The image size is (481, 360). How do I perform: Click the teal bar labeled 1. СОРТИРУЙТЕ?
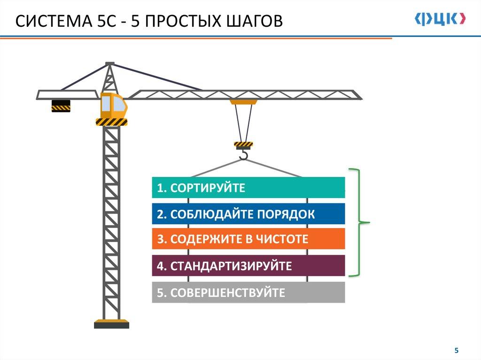248,188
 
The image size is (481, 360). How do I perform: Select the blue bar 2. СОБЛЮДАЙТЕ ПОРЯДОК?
248,214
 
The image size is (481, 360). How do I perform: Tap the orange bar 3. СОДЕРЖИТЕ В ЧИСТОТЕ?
248,239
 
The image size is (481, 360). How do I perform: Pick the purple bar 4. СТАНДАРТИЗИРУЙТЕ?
248,266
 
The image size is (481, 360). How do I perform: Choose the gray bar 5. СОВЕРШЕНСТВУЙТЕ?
248,293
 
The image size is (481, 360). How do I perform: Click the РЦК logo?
441,18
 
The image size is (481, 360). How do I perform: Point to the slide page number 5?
455,350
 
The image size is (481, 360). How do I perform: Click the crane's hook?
243,154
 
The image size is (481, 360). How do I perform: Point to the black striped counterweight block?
61,106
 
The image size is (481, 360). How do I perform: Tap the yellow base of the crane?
111,323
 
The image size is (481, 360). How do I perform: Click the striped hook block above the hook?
243,144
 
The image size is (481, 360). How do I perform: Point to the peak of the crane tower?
110,63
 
